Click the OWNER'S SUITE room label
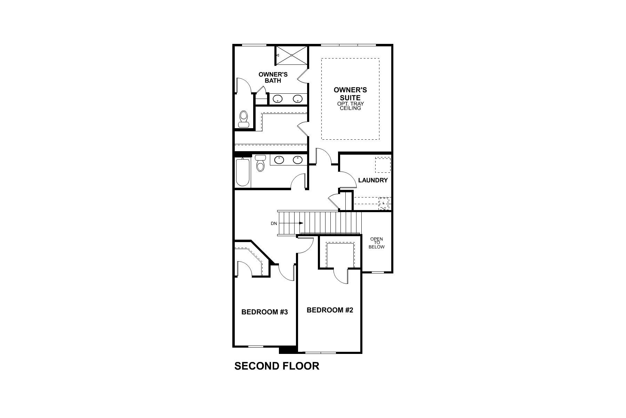pyautogui.click(x=350, y=94)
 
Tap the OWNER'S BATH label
pyautogui.click(x=273, y=77)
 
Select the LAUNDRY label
pyautogui.click(x=373, y=180)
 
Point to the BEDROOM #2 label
pyautogui.click(x=330, y=310)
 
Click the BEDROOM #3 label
pyautogui.click(x=264, y=312)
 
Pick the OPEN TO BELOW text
pyautogui.click(x=377, y=243)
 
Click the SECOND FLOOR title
pyautogui.click(x=276, y=366)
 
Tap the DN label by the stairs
pyautogui.click(x=274, y=224)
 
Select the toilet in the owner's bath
pyautogui.click(x=243, y=119)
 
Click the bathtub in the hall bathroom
pyautogui.click(x=242, y=172)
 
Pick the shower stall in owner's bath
pyautogui.click(x=291, y=55)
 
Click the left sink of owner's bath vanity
pyautogui.click(x=278, y=99)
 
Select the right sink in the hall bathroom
pyautogui.click(x=297, y=160)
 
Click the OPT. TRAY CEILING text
pyautogui.click(x=350, y=106)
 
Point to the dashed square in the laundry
pyautogui.click(x=383, y=165)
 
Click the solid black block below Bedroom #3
pyautogui.click(x=288, y=349)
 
